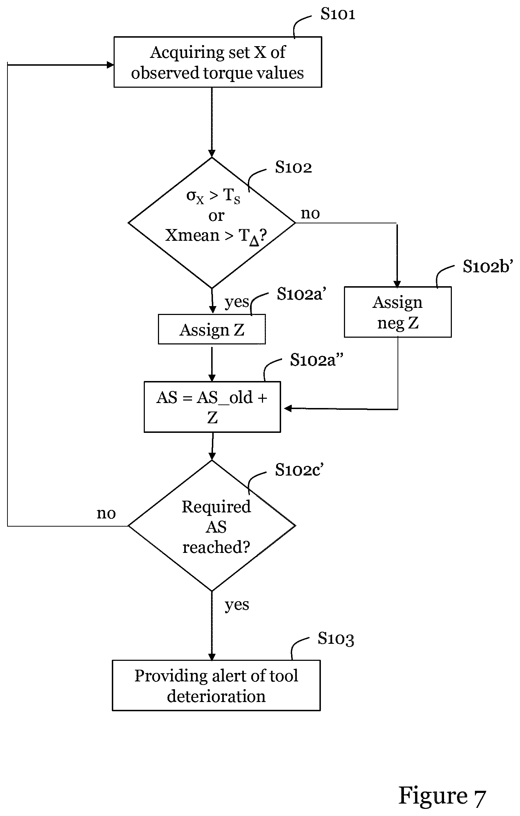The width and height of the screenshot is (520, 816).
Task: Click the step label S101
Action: pos(338,14)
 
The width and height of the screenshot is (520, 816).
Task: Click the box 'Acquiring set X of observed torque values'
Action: pos(218,62)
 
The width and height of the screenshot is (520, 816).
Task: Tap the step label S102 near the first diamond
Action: pos(294,167)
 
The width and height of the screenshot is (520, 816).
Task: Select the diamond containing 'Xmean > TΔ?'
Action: pos(212,223)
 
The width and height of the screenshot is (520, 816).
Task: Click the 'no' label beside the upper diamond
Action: pos(310,213)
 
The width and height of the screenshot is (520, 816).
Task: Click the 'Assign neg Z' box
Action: pos(398,312)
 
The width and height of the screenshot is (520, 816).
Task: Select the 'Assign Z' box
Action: pos(212,329)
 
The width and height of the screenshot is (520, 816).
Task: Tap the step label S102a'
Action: pos(301,294)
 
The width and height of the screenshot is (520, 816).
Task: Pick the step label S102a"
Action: pos(317,360)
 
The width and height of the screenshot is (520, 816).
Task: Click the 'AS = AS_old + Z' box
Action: pos(212,407)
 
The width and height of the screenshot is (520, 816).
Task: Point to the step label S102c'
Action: pos(299,470)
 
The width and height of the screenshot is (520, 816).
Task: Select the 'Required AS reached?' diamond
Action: pos(212,526)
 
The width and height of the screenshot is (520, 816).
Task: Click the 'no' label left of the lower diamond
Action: pos(106,513)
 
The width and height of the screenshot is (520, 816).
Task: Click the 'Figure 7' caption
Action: pos(442,796)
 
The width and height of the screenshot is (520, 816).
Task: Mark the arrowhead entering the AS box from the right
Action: pos(288,408)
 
